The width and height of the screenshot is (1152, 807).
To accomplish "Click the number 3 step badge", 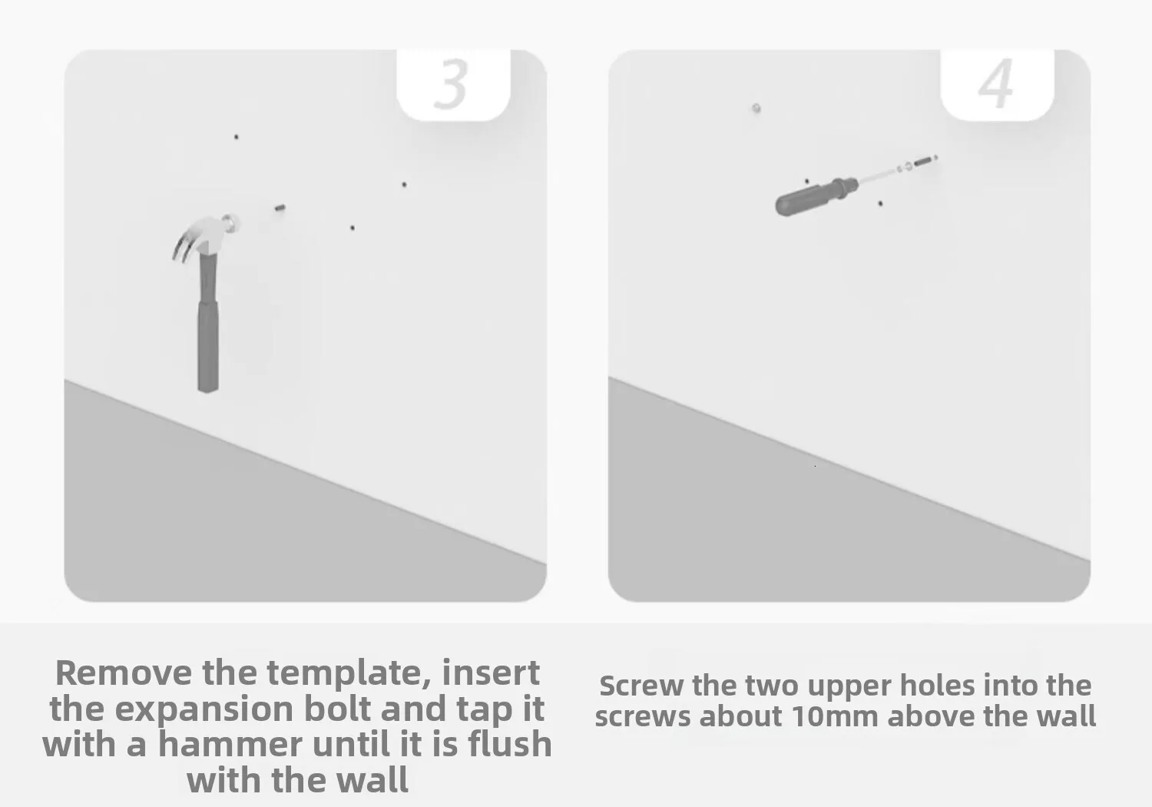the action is tap(453, 85).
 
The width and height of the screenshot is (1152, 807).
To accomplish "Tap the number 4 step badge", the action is tap(997, 85).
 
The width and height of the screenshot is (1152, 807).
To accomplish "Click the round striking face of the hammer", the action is tap(232, 223).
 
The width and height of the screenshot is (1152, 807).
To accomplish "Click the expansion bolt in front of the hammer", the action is tap(280, 208).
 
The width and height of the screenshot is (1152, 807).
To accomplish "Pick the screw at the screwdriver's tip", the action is tap(924, 161).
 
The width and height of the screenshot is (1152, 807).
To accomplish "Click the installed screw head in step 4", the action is tap(756, 108).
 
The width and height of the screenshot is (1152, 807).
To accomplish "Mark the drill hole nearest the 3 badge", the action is tap(404, 184).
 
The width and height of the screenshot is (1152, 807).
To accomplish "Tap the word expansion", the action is tap(204, 710).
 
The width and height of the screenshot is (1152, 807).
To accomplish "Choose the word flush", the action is tap(510, 744).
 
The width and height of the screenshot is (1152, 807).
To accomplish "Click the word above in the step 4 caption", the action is tap(931, 716).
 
